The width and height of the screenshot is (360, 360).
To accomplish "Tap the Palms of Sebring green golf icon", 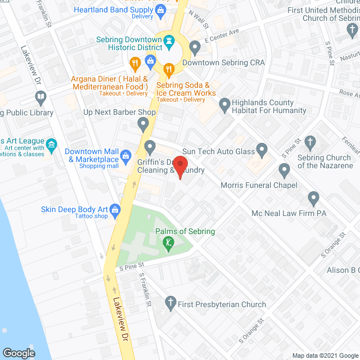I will click(166, 243).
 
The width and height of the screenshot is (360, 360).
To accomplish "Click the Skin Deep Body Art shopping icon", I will click(116, 209).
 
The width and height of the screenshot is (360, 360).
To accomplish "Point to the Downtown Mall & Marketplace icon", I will click(126, 155).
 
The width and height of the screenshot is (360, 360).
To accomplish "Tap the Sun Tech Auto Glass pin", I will click(262, 150).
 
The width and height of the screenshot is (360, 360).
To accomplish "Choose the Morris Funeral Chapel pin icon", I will click(284, 169).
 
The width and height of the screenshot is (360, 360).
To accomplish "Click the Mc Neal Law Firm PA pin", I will click(313, 198).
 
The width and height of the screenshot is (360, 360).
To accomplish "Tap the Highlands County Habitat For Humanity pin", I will click(224, 104).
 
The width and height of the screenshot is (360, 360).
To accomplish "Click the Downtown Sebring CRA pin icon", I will click(195, 47).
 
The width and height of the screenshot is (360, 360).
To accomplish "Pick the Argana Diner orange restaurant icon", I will click(134, 62).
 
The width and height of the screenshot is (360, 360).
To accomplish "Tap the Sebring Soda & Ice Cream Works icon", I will click(168, 70).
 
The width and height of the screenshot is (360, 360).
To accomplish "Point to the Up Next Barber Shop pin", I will click(143, 124).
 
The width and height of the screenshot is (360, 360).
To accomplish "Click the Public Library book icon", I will click(40, 98).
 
